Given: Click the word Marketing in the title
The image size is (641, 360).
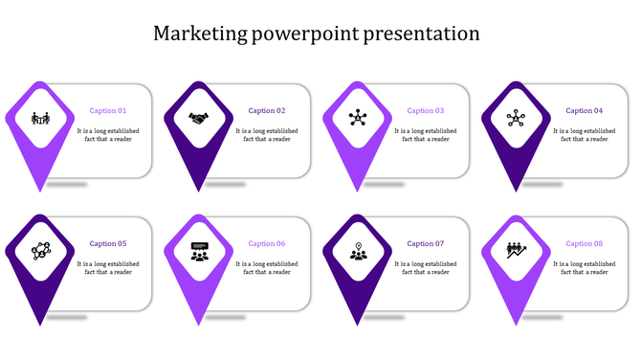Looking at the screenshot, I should [x=199, y=34].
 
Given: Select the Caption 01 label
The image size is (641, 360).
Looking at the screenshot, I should [x=108, y=111].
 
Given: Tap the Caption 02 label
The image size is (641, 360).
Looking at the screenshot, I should [x=267, y=111].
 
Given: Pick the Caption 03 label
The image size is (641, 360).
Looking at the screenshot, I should [x=426, y=111].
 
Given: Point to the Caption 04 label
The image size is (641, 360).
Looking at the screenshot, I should [x=585, y=111].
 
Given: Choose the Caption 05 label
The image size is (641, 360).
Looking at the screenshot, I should [x=108, y=244].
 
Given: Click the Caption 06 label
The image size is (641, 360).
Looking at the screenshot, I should [x=267, y=244].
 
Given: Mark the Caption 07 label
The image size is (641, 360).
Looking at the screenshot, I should [x=426, y=244].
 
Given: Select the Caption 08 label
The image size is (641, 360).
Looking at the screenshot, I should [x=585, y=244].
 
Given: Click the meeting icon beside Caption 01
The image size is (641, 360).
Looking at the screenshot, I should [x=40, y=119].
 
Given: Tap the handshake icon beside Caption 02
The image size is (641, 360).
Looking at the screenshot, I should [x=199, y=119].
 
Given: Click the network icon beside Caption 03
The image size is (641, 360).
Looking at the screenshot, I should [x=358, y=119].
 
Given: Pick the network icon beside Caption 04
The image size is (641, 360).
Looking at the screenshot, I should [x=517, y=119].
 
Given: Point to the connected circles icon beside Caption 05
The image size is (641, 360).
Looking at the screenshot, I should [x=40, y=251].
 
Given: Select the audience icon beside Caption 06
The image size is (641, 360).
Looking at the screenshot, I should [x=199, y=252].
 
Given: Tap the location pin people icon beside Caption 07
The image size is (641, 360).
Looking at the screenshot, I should [x=358, y=252].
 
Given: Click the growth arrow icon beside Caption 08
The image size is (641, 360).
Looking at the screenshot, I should [x=517, y=251].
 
